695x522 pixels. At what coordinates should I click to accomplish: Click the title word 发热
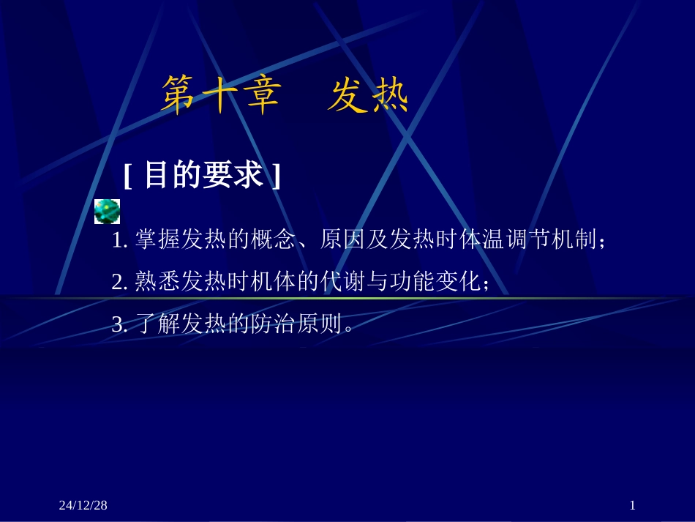coord(367,96)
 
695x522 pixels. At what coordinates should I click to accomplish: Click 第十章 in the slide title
coord(221,96)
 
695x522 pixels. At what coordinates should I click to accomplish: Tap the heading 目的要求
coord(203,176)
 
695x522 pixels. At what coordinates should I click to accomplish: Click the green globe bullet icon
coord(107,211)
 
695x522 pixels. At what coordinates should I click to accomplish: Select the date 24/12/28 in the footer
coord(83,505)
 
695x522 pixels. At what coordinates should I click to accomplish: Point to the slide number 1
coord(632,505)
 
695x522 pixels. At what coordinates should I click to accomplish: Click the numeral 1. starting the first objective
coord(121,241)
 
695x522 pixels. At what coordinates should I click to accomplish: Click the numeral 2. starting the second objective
coord(121,283)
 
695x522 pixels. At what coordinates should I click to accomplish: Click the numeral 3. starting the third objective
coord(121,324)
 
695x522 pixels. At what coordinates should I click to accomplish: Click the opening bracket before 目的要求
coord(128,176)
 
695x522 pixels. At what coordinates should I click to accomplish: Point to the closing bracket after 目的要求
coord(276,176)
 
